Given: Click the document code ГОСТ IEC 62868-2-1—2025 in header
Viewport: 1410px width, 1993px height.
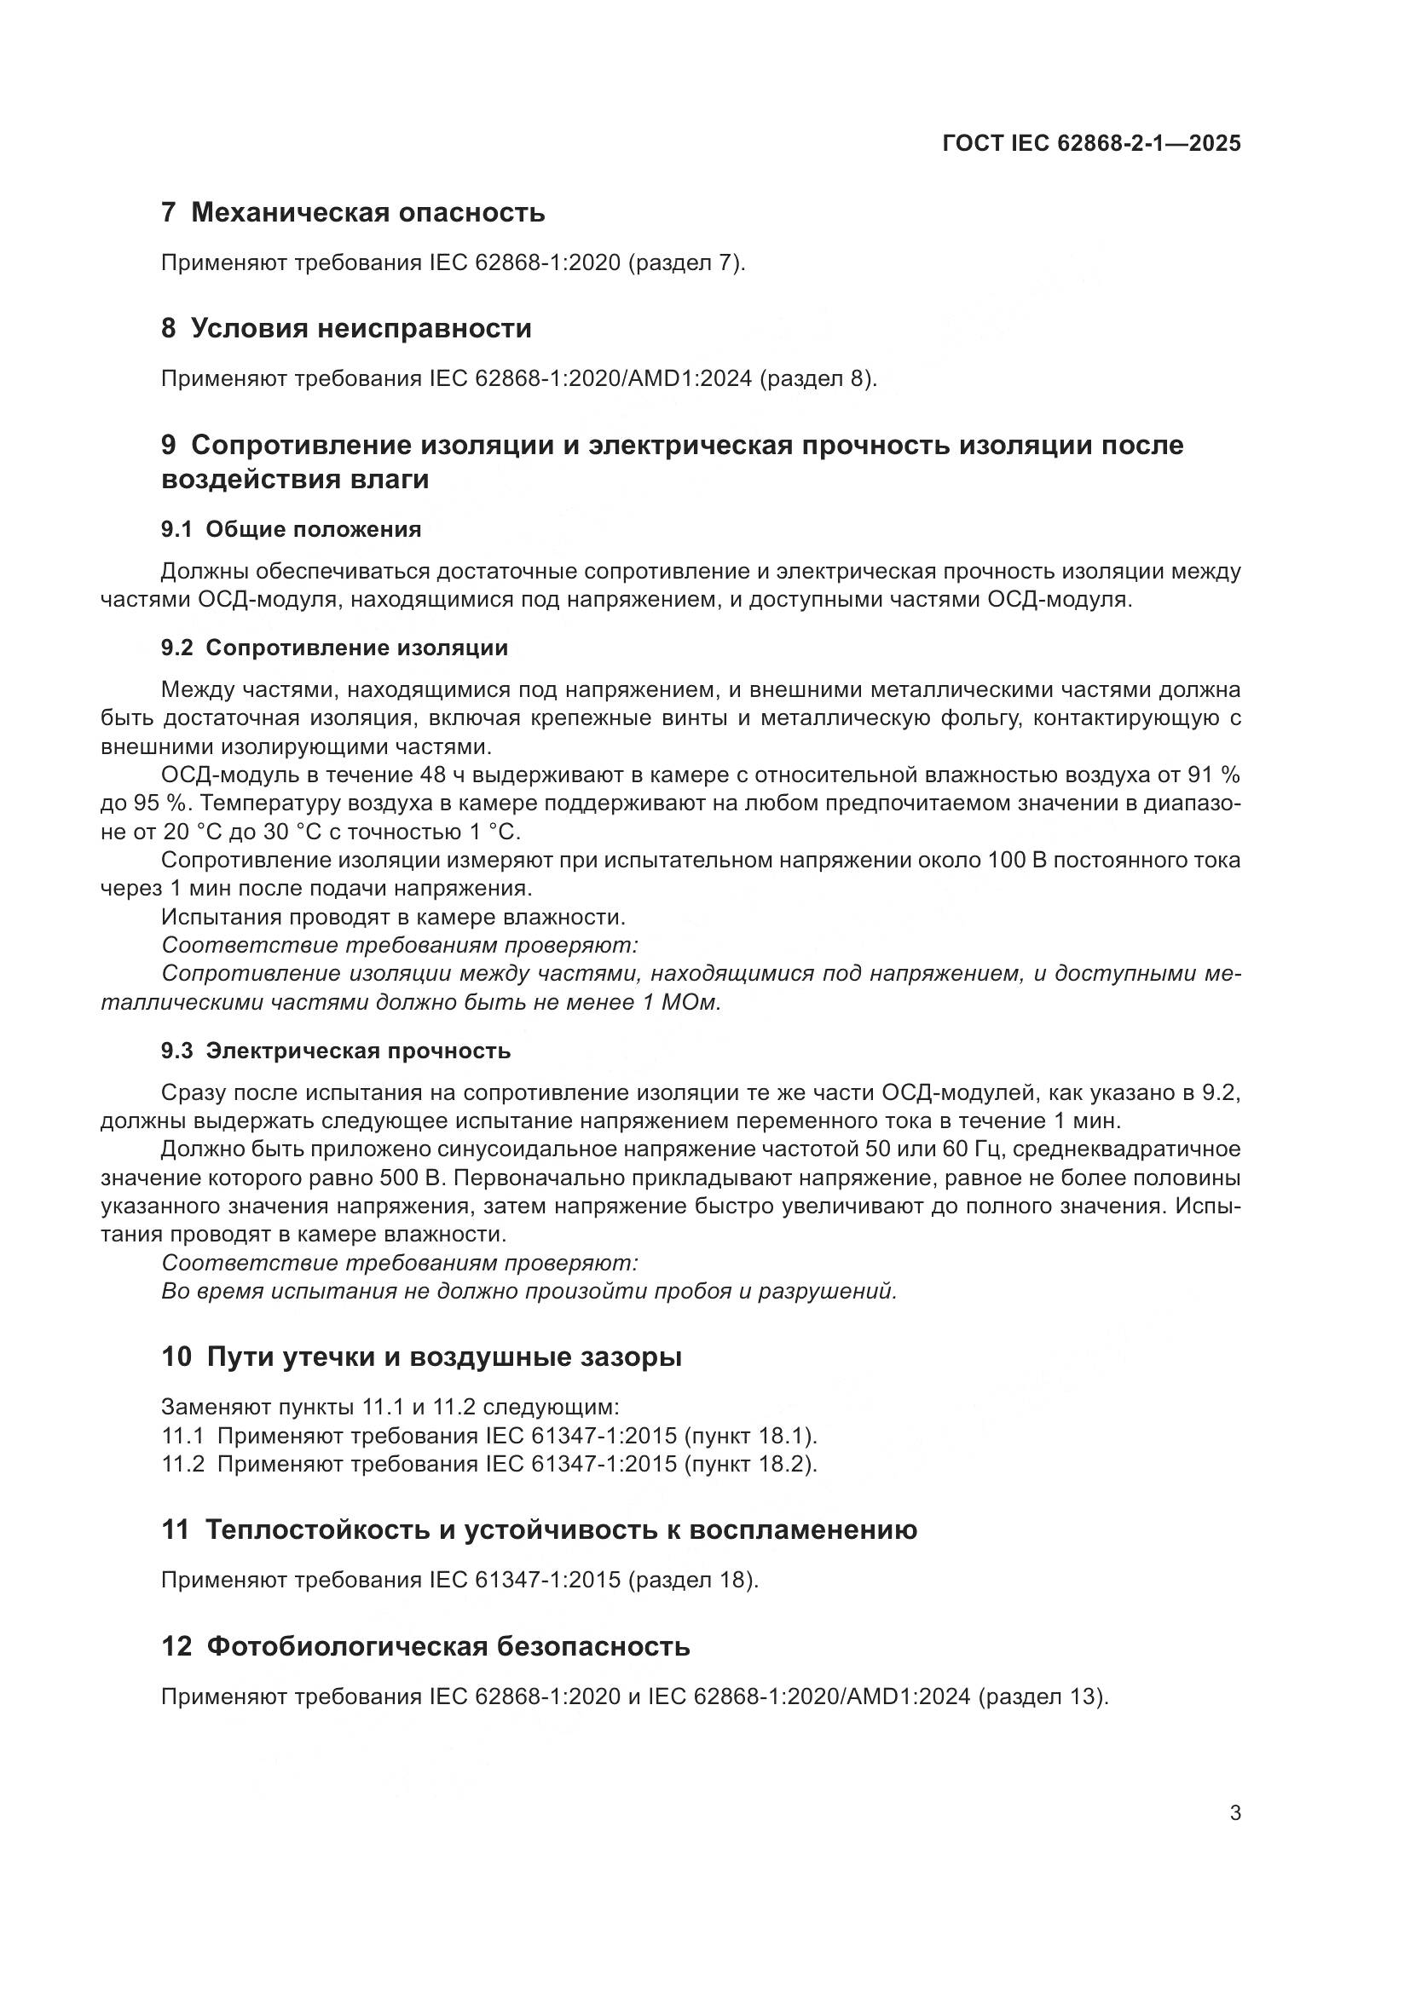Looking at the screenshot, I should click(1091, 143).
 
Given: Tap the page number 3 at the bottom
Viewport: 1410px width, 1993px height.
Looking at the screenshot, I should click(1234, 1812).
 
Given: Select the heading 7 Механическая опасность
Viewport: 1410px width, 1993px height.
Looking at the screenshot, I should click(354, 212).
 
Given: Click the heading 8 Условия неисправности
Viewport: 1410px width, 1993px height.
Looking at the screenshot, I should click(346, 328).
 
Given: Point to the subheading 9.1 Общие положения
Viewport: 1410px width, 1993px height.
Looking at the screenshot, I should click(291, 529).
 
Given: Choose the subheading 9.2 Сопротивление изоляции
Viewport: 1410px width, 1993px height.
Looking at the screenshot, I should click(334, 648).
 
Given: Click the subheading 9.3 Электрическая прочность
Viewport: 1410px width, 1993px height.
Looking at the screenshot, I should click(336, 1051).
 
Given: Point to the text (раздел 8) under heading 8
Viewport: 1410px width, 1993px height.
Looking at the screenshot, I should click(818, 378).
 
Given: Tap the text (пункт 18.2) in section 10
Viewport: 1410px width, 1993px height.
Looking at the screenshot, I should click(750, 1464).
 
